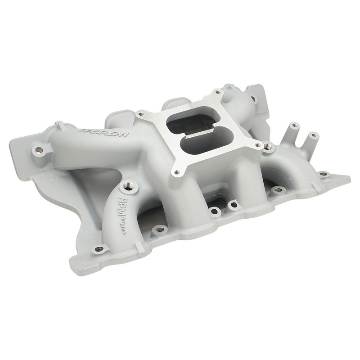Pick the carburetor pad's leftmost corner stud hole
point(141,113)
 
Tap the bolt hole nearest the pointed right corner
point(323,173)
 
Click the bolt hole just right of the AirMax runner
point(159,229)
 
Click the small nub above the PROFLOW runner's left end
point(58,123)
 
